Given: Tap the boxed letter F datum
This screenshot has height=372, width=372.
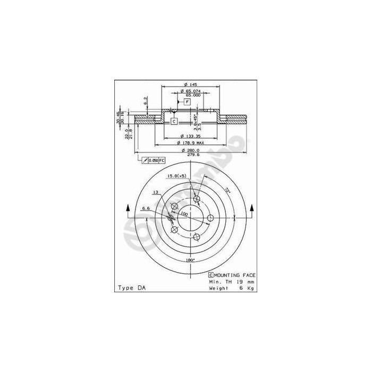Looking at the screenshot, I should (x=187, y=102).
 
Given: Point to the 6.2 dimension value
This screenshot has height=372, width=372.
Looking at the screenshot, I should (x=145, y=100).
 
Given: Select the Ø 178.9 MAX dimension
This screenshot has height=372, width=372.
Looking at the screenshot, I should (x=190, y=143).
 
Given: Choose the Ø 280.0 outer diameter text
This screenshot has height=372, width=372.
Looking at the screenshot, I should (x=190, y=150).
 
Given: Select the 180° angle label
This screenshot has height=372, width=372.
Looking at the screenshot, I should (x=190, y=260).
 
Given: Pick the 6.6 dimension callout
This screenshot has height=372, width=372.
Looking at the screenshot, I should (x=145, y=208).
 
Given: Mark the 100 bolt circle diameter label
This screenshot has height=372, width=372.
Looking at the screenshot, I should (x=184, y=214).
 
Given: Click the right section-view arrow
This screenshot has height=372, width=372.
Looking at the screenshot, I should (x=252, y=208).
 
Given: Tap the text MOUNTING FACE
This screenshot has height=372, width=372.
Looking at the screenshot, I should (x=235, y=275).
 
